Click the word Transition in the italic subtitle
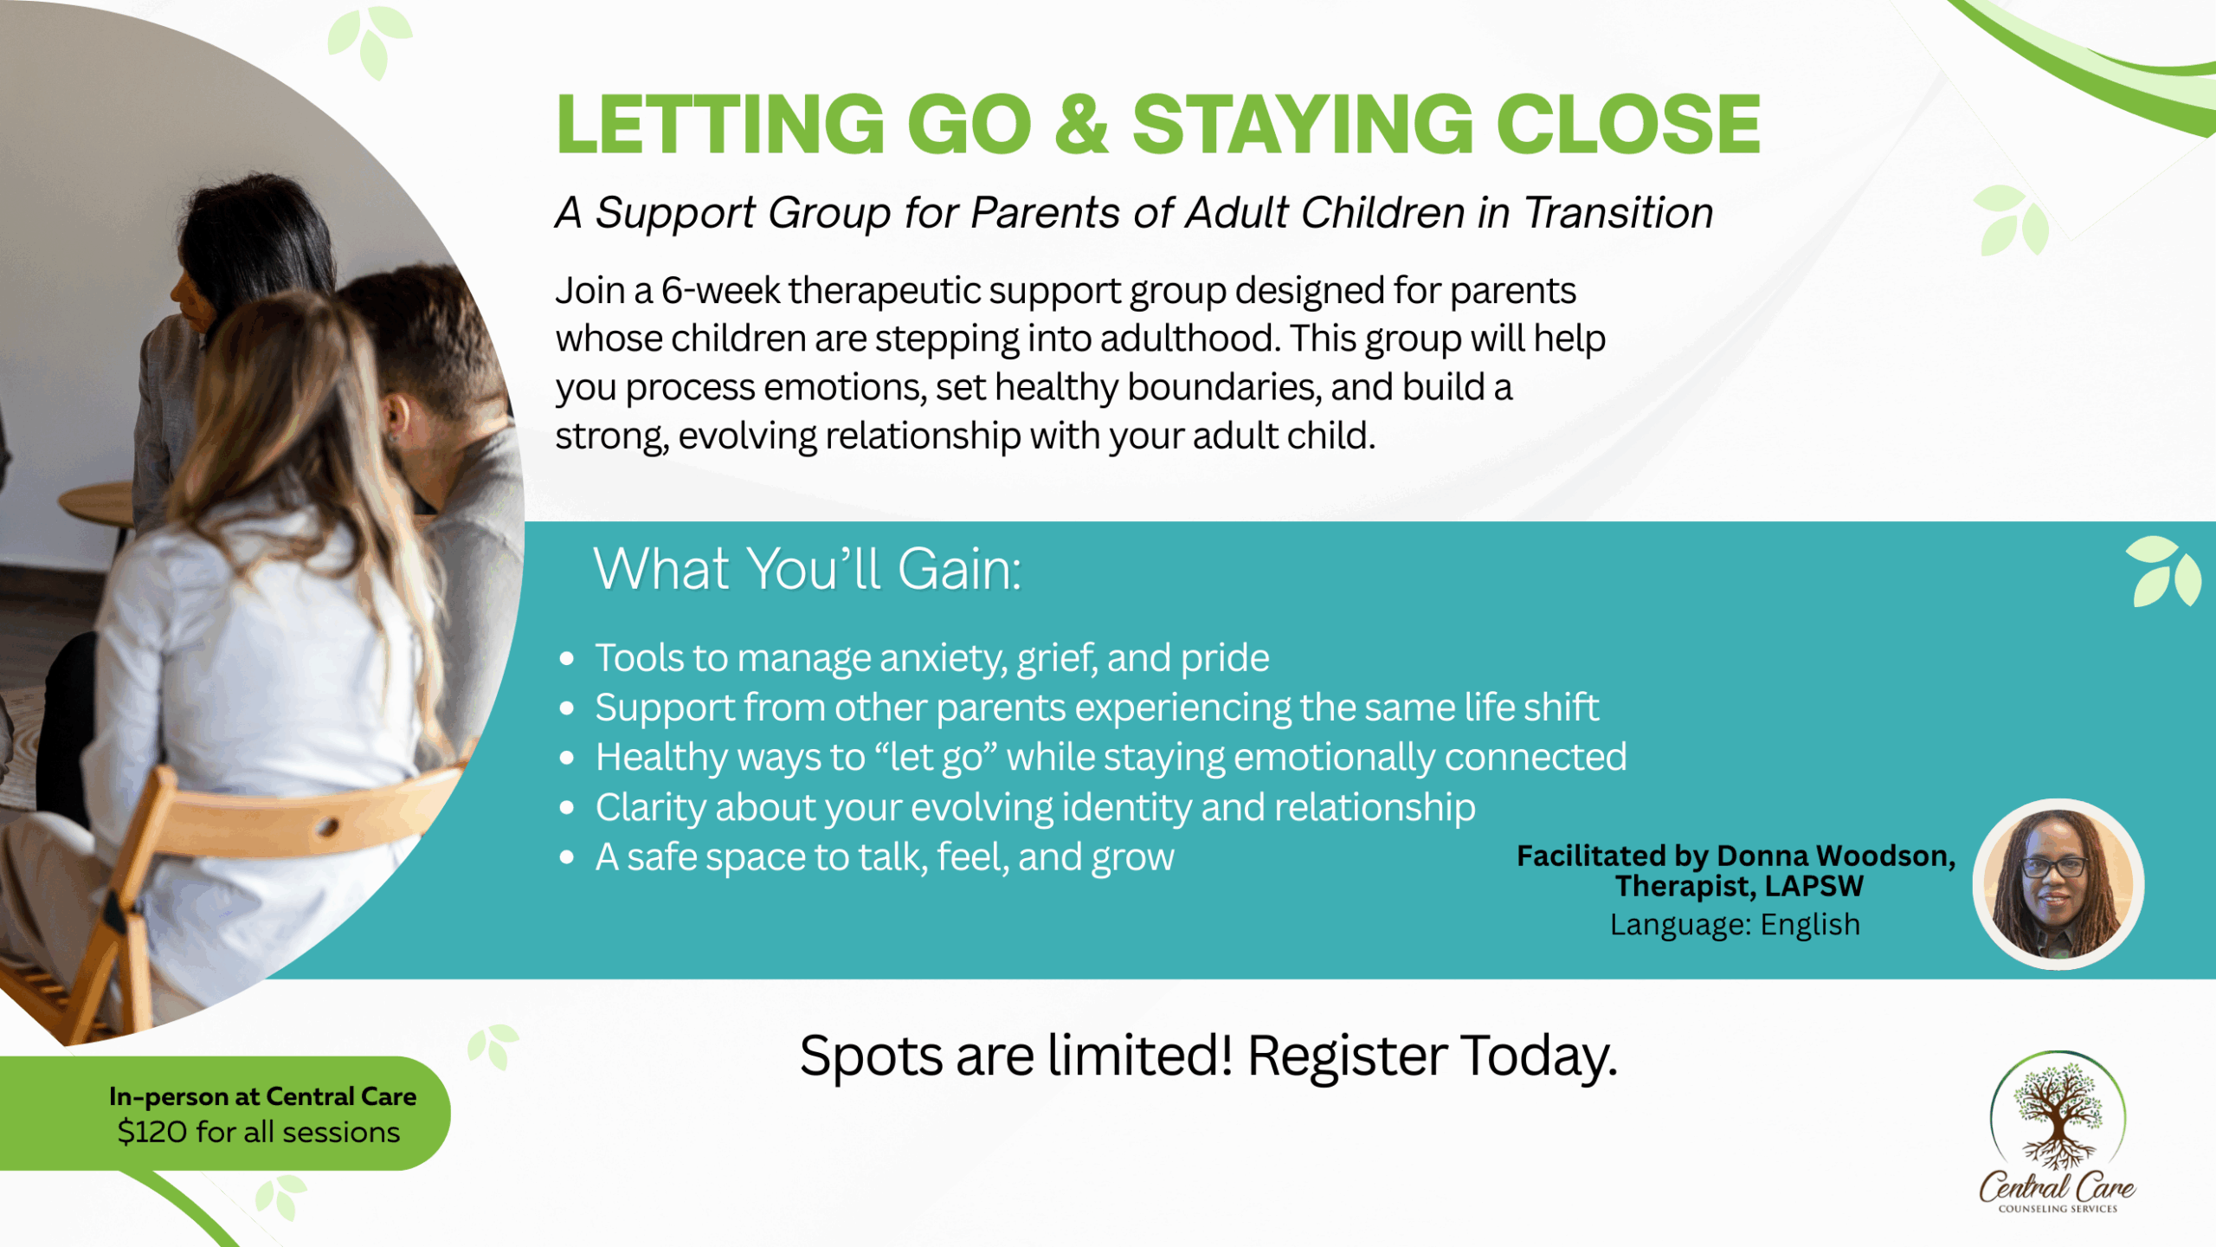point(1618,212)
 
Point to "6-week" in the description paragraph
point(720,290)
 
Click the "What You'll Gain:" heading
point(808,569)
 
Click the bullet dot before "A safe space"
point(567,858)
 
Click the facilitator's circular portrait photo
point(2058,884)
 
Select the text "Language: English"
point(1735,925)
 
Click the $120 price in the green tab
point(151,1132)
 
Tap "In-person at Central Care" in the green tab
point(262,1096)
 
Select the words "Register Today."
point(1432,1056)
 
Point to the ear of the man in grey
point(396,417)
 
